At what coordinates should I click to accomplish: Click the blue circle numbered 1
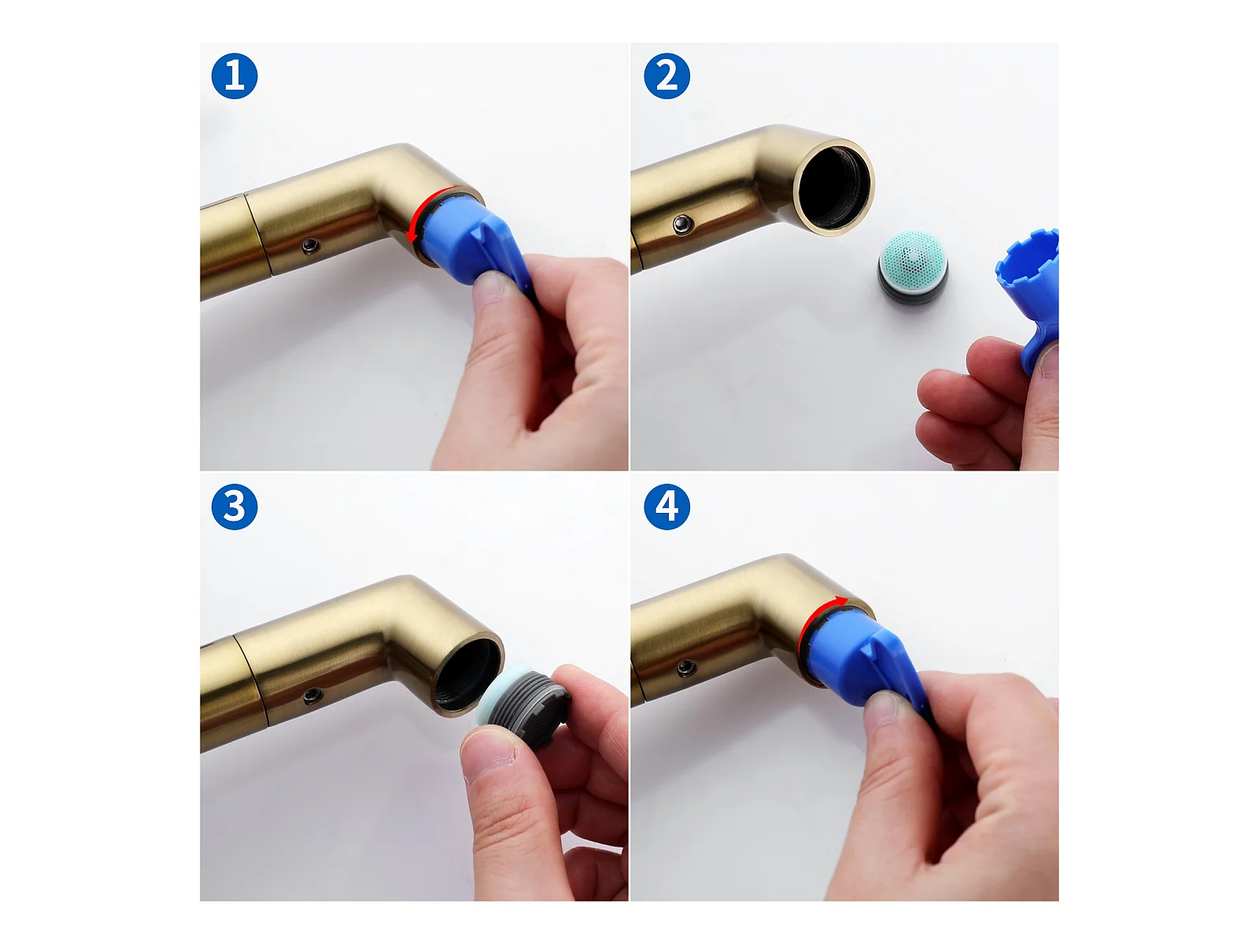(x=234, y=76)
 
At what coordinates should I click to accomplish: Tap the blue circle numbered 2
(x=666, y=76)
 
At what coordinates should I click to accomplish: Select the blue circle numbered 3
(x=234, y=507)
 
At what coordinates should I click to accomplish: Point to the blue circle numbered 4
(x=666, y=507)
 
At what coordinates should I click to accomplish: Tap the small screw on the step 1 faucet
(x=312, y=247)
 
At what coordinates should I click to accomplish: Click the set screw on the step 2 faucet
(x=682, y=224)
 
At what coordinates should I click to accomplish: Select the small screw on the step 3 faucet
(x=312, y=696)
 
